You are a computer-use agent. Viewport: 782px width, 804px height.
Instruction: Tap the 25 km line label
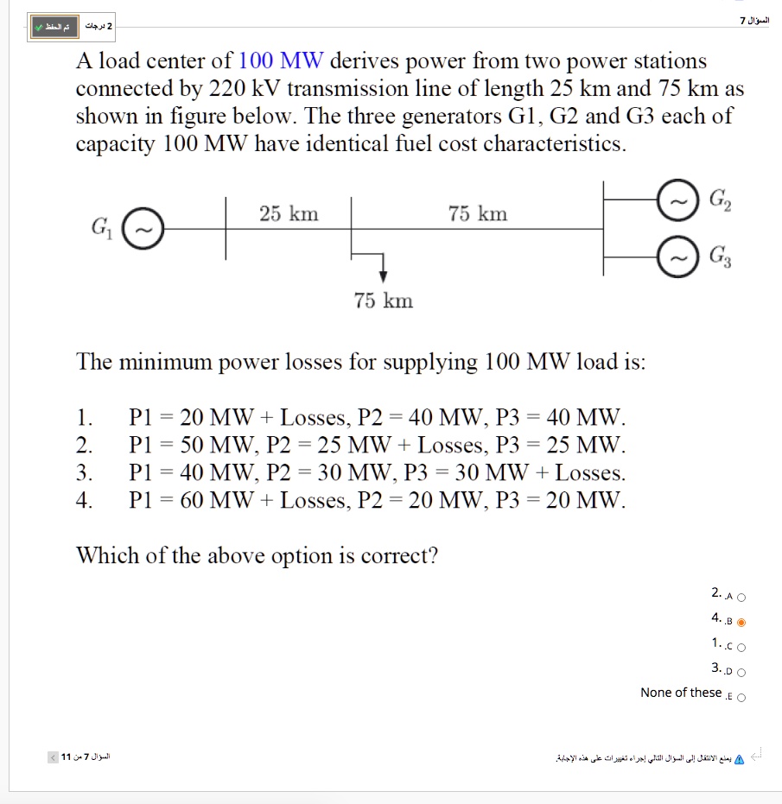289,213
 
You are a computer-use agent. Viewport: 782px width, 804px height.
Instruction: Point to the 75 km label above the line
478,213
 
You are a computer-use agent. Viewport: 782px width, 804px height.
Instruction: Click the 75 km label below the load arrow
383,301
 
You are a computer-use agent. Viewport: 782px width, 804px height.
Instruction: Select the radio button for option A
741,597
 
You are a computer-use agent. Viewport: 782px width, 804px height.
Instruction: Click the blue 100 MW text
281,61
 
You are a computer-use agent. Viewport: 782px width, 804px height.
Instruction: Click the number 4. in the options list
85,500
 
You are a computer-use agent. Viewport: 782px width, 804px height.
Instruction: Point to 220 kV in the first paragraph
246,89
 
